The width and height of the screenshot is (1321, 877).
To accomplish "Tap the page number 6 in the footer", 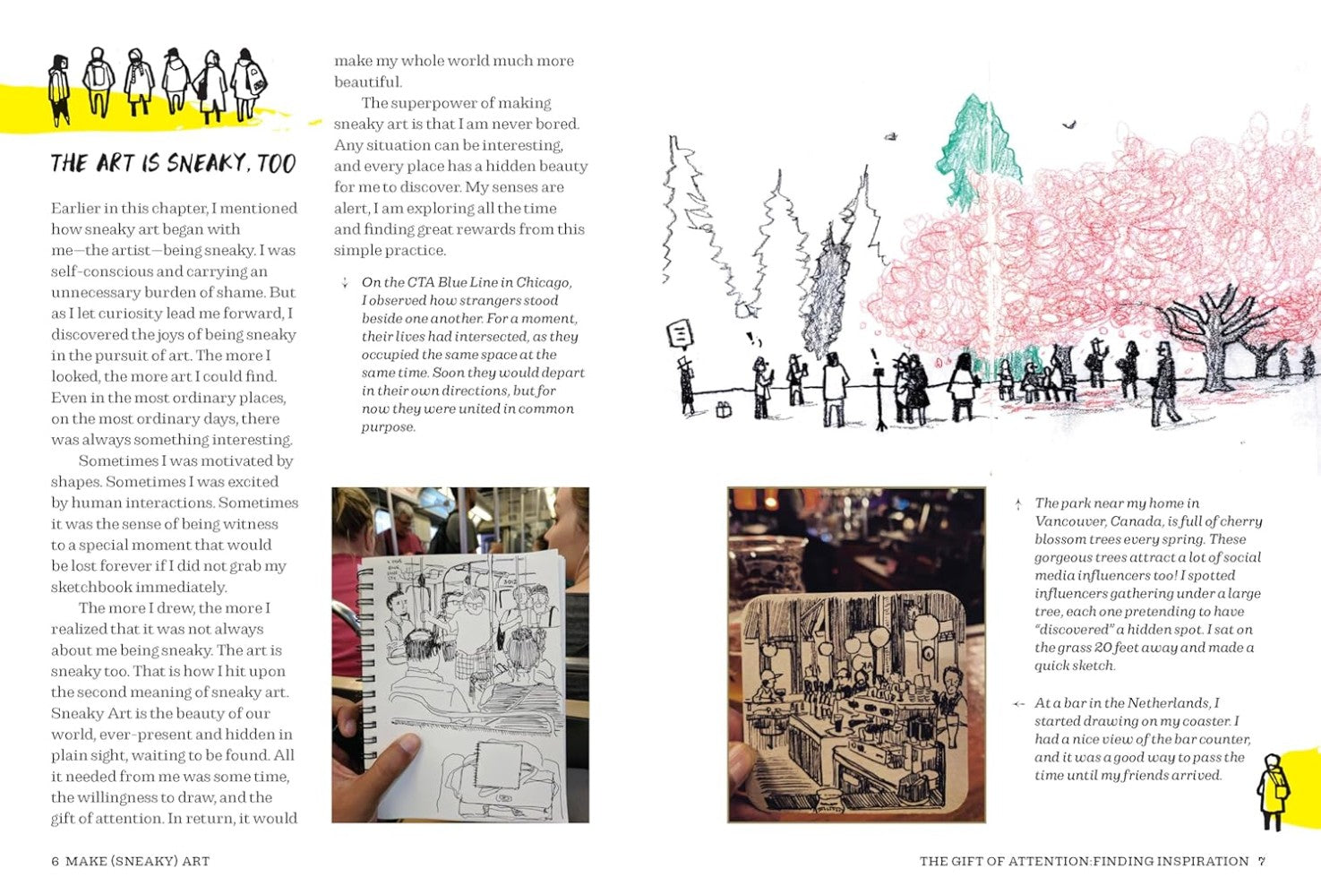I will [56, 861].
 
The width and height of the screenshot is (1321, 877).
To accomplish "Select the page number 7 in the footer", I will [1261, 861].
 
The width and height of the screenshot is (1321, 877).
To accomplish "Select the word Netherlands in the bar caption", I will [1172, 703].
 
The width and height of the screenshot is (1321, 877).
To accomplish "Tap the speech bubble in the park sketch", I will [681, 335].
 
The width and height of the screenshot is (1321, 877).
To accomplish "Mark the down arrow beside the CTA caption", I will [345, 283].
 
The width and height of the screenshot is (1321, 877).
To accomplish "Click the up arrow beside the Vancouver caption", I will [1018, 504].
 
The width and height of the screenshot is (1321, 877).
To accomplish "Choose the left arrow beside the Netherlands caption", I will [1018, 704].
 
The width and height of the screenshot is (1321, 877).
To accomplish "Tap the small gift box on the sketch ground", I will [724, 410].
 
